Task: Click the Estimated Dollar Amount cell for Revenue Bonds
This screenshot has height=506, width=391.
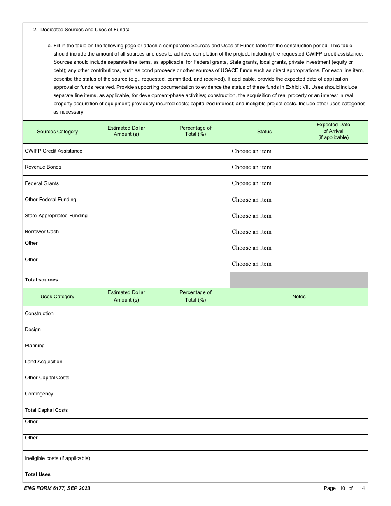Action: [x=126, y=167]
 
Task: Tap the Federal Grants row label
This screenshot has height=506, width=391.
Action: [x=42, y=183]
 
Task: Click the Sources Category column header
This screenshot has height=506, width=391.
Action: [x=57, y=132]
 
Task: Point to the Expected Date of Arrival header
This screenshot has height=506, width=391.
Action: [x=333, y=131]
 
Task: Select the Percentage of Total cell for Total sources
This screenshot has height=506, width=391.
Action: [x=195, y=280]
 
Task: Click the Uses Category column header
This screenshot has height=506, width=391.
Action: [x=57, y=297]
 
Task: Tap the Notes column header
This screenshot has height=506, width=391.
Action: [x=298, y=297]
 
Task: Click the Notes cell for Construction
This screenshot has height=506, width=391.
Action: [x=298, y=314]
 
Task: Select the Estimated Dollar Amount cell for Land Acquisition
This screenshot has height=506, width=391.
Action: [x=126, y=362]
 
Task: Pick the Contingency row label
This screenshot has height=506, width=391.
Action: [x=39, y=394]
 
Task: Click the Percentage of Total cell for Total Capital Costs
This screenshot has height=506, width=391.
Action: [x=195, y=410]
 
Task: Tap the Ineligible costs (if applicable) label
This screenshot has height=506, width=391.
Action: [x=57, y=458]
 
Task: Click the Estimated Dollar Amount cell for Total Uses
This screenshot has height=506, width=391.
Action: [x=126, y=474]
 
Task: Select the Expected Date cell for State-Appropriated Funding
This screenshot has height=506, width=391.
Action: [x=333, y=216]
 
